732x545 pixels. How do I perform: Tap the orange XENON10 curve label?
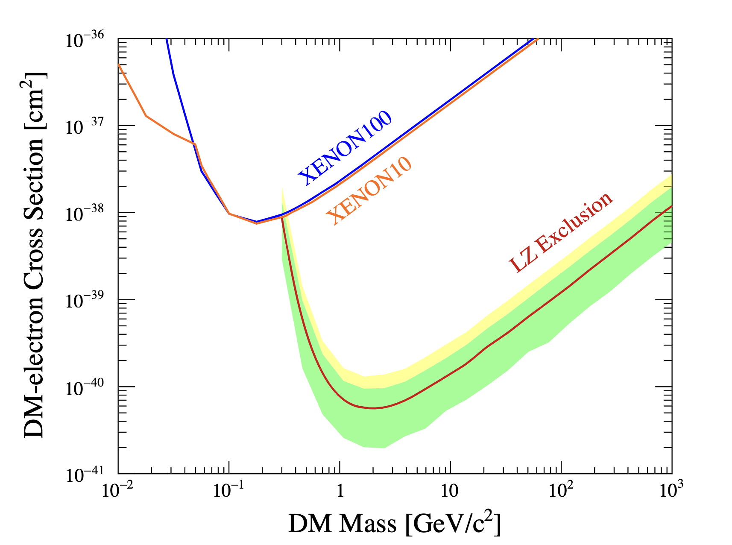(369, 190)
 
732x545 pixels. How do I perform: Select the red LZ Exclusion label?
(561, 233)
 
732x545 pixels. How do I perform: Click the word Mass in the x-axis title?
(368, 524)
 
